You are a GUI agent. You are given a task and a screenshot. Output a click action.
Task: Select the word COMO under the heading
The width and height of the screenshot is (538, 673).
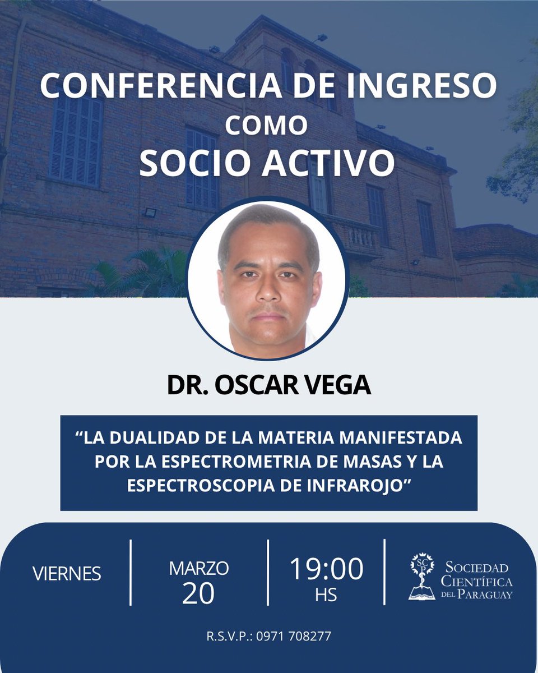tap(266, 126)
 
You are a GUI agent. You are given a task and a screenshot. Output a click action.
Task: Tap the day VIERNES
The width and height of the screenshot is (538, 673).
tap(67, 574)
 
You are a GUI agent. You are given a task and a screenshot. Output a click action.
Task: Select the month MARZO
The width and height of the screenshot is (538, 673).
tap(199, 568)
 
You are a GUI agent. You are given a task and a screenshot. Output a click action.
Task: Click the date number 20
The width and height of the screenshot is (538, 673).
tap(198, 593)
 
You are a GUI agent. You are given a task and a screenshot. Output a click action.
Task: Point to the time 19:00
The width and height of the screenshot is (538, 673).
tap(326, 569)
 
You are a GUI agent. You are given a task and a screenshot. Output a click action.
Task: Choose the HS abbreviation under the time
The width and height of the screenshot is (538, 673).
tap(326, 595)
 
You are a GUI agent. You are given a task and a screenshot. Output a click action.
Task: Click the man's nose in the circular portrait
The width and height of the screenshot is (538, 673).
tap(270, 289)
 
